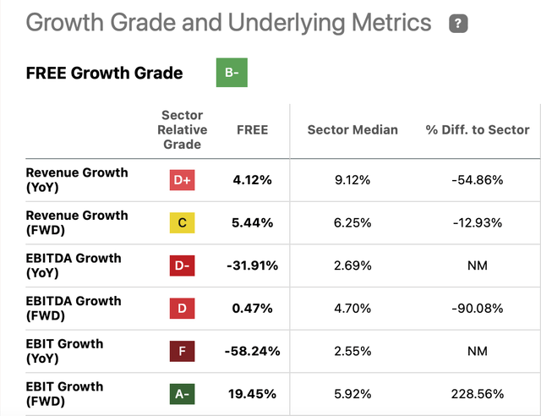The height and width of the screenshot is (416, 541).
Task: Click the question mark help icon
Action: pyautogui.click(x=459, y=24)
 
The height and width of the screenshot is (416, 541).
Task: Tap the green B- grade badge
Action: pyautogui.click(x=232, y=73)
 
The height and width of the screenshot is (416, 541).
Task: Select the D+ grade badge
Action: pyautogui.click(x=183, y=179)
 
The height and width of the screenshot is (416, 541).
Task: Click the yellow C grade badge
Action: pyautogui.click(x=183, y=222)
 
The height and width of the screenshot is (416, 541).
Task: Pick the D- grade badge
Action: pyautogui.click(x=183, y=265)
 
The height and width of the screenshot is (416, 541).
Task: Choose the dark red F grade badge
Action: pyautogui.click(x=183, y=351)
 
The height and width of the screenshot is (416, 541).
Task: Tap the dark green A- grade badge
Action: pyautogui.click(x=183, y=394)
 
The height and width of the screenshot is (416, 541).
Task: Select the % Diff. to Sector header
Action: pyautogui.click(x=478, y=129)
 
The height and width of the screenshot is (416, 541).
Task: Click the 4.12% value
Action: pyautogui.click(x=252, y=180)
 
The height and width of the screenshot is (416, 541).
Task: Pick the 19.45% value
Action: pyautogui.click(x=250, y=394)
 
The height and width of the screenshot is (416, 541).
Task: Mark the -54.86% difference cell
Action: pyautogui.click(x=478, y=180)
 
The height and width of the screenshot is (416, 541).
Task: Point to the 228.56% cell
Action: pyautogui.click(x=478, y=394)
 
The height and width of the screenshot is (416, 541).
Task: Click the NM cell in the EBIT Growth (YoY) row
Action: pyautogui.click(x=478, y=351)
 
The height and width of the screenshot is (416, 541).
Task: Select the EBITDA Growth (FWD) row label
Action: pyautogui.click(x=74, y=308)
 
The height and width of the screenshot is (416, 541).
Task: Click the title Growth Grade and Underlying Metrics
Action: pyautogui.click(x=229, y=23)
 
